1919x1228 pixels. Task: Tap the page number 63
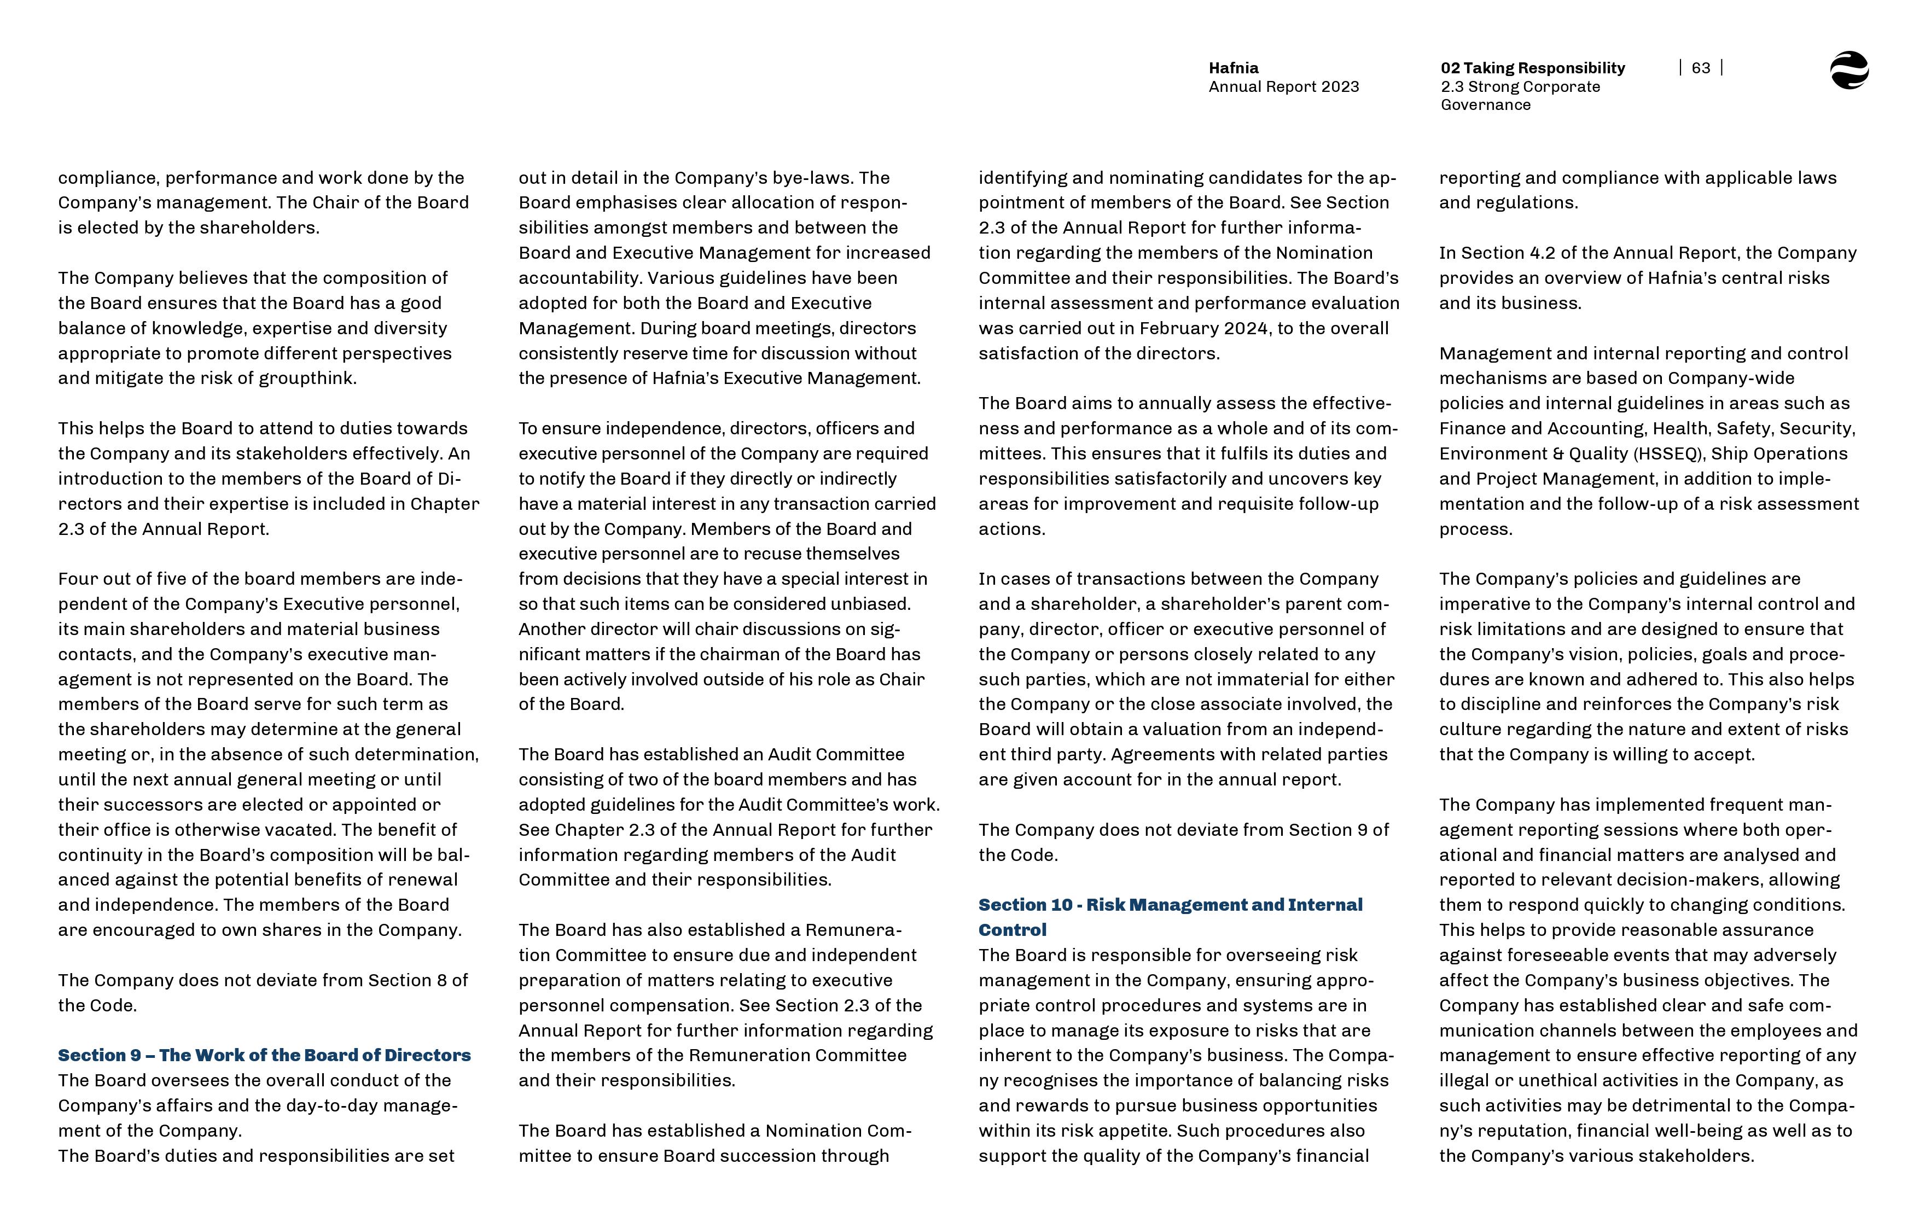1701,68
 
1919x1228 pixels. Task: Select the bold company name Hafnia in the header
1234,68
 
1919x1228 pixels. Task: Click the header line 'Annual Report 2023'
1283,87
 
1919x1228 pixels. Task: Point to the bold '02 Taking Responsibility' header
1532,68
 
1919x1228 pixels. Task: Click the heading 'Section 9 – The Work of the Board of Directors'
264,1055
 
